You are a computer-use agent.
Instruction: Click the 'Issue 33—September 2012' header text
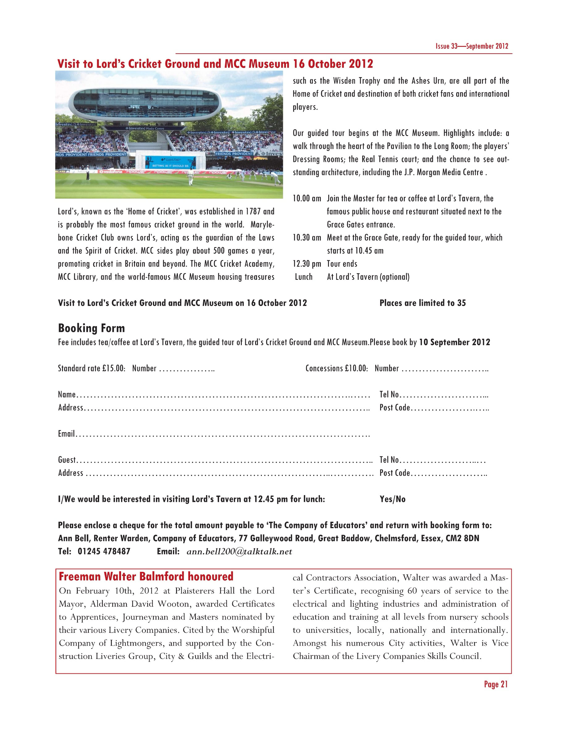pyautogui.click(x=472, y=46)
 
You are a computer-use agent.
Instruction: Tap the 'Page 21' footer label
pyautogui.click(x=496, y=684)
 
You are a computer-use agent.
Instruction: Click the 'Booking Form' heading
pyautogui.click(x=91, y=328)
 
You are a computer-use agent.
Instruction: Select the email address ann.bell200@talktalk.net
pyautogui.click(x=239, y=551)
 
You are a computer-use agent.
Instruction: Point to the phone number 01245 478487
pyautogui.click(x=104, y=551)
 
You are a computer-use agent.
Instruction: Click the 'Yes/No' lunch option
pyautogui.click(x=392, y=499)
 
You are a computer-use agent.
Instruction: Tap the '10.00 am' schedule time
pyautogui.click(x=307, y=198)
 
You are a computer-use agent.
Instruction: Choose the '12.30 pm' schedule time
pyautogui.click(x=307, y=264)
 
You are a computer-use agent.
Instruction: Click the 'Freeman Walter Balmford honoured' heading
pyautogui.click(x=146, y=577)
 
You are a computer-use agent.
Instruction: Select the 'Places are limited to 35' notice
pyautogui.click(x=422, y=303)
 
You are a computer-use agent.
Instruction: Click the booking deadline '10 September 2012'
pyautogui.click(x=455, y=342)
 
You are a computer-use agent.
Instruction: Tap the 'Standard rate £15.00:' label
pyautogui.click(x=91, y=369)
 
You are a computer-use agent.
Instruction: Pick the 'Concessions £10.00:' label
pyautogui.click(x=337, y=369)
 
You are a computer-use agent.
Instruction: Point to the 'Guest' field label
pyautogui.click(x=67, y=460)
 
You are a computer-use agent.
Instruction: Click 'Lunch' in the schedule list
pyautogui.click(x=304, y=277)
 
